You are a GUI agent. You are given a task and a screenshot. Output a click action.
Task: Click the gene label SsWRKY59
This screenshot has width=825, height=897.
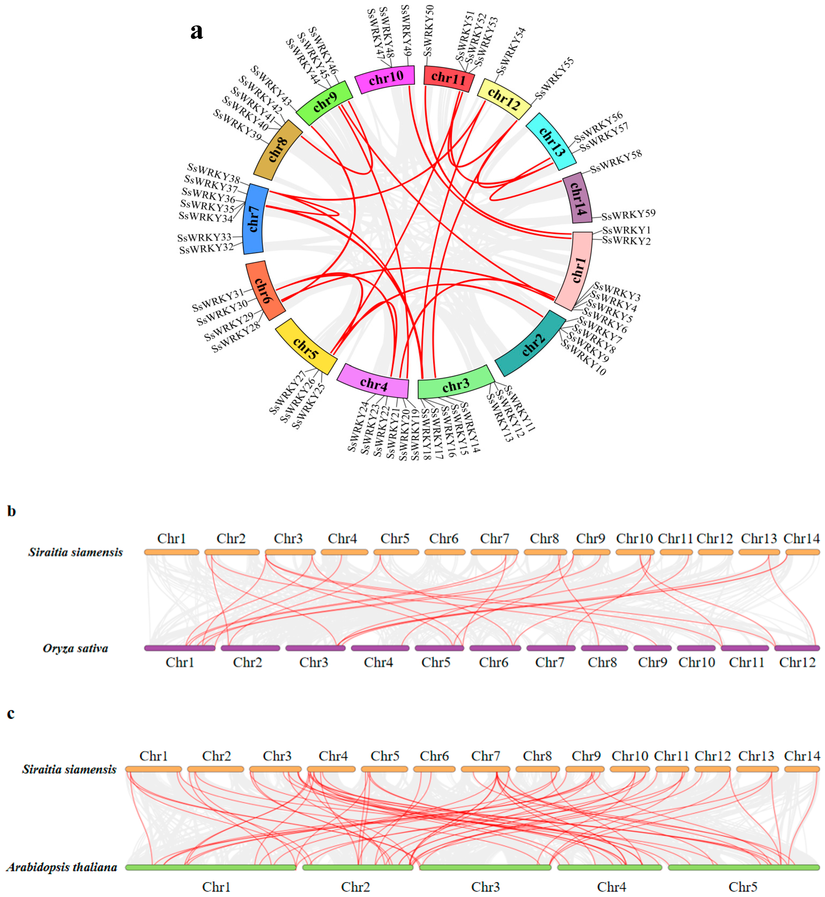click(x=628, y=215)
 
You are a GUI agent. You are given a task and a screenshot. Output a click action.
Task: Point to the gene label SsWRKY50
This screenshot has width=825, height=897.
click(x=429, y=30)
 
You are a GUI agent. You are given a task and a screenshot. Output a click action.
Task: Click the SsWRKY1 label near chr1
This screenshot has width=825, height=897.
click(x=626, y=230)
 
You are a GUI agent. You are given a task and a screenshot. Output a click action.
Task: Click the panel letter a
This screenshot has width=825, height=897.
click(x=196, y=31)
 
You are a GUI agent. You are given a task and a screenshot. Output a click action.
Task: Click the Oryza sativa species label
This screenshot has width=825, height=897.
click(x=75, y=648)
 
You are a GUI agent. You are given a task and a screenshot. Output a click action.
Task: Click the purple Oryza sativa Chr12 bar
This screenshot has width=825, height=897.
click(x=797, y=648)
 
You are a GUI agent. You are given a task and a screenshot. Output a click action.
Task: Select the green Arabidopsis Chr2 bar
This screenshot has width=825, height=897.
click(x=358, y=867)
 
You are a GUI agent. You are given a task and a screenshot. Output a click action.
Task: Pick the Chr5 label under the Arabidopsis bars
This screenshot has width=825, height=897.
click(x=743, y=887)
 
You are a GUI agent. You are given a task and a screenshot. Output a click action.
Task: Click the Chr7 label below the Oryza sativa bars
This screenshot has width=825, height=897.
click(x=550, y=662)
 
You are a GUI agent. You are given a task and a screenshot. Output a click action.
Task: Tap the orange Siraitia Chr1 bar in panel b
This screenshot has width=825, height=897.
click(x=171, y=552)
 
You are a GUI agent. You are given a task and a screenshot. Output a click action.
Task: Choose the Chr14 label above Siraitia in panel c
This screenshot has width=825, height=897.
click(x=802, y=756)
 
